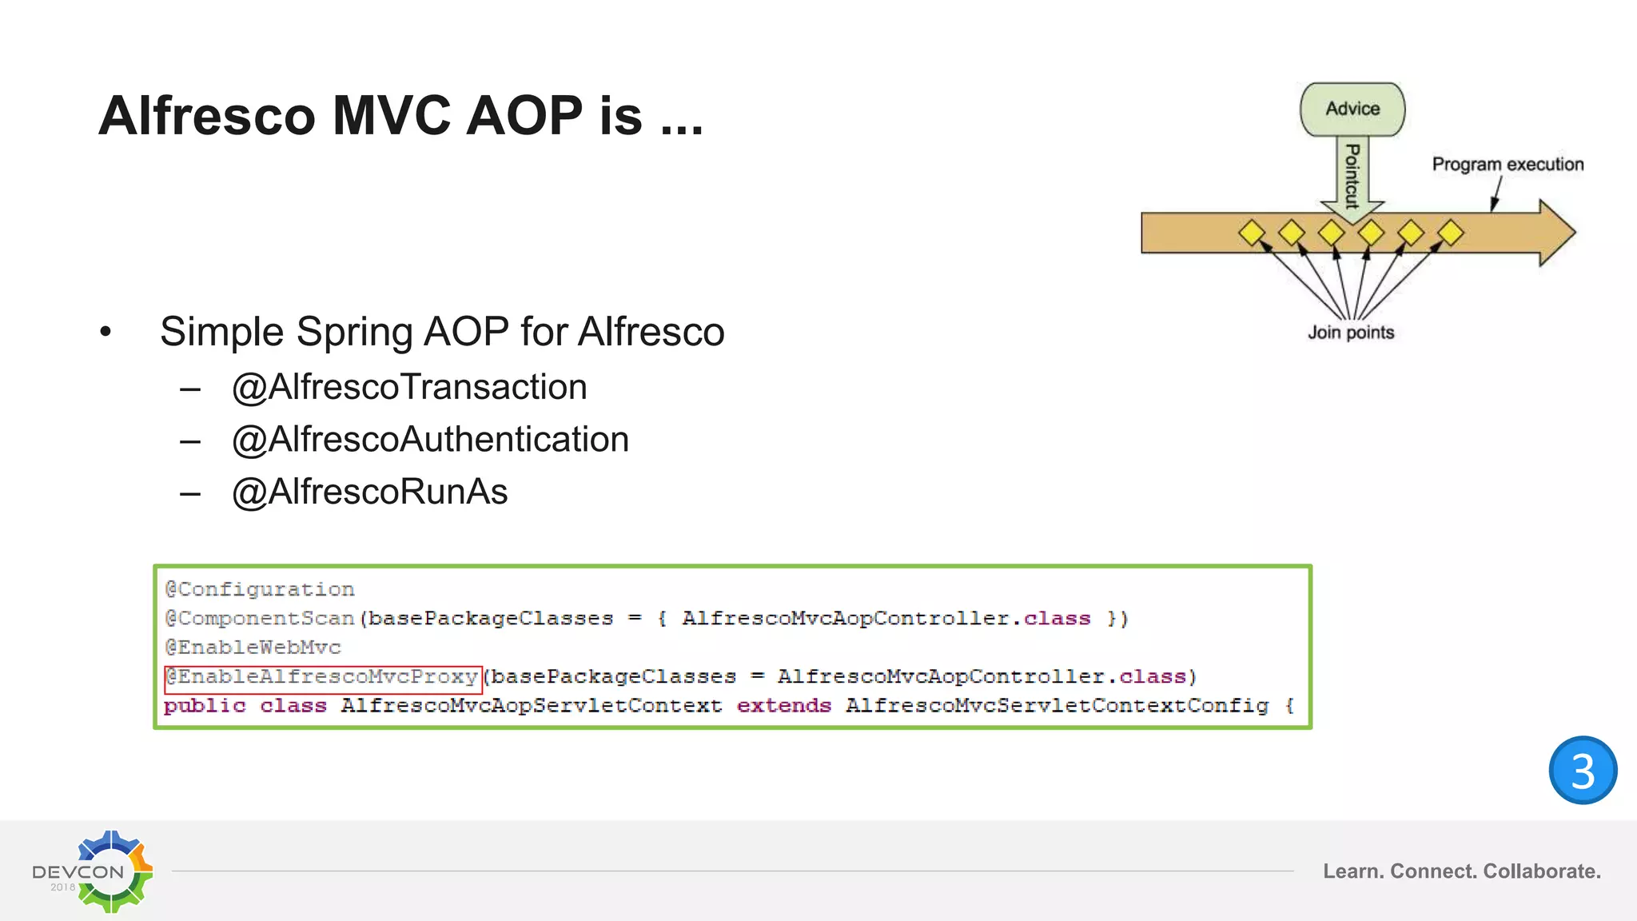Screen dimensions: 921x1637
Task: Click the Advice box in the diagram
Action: pos(1352,109)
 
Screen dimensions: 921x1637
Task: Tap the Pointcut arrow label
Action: pos(1352,176)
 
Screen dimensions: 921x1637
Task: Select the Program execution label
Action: pos(1508,165)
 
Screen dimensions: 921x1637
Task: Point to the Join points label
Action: pos(1351,333)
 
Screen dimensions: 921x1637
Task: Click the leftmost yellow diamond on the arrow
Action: pos(1252,233)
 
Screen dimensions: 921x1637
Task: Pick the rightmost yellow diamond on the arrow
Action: pos(1450,233)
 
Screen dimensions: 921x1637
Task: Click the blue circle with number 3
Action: pos(1583,770)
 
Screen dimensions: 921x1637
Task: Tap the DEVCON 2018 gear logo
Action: pos(112,871)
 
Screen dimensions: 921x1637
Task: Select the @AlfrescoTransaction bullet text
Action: pos(409,388)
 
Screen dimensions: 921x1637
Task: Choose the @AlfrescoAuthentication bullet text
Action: pos(430,440)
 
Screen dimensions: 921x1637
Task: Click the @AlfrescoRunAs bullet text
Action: pos(369,492)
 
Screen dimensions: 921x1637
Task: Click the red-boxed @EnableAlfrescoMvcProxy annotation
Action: pos(323,677)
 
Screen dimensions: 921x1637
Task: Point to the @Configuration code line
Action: pos(260,590)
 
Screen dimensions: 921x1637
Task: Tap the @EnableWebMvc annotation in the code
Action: pos(253,648)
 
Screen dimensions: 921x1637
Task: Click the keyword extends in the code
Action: pos(783,706)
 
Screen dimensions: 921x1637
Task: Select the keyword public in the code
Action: pos(205,706)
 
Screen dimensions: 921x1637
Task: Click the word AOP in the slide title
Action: pos(524,116)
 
